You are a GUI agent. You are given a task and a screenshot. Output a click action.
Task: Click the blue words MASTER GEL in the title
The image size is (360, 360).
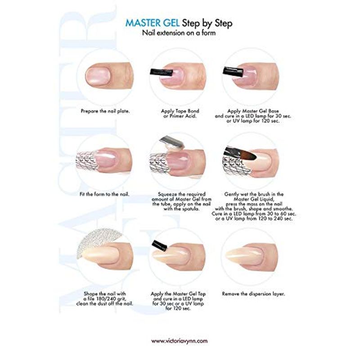point(153,23)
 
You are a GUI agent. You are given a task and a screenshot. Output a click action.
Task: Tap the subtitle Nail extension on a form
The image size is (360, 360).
point(179,33)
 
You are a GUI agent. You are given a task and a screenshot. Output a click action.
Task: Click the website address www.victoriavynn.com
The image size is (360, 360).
point(179,341)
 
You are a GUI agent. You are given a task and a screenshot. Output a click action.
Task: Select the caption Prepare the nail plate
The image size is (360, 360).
point(105,111)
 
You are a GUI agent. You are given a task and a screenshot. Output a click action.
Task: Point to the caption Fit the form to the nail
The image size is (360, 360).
point(104,194)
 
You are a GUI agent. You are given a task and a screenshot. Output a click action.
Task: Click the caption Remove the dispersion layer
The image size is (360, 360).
point(253,294)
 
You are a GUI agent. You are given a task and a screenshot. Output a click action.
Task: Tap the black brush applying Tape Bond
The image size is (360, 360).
point(162,72)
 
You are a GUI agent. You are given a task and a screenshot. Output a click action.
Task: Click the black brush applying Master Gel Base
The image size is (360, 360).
point(233,72)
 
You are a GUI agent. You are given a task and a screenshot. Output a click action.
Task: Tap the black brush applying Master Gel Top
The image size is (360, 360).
point(160,245)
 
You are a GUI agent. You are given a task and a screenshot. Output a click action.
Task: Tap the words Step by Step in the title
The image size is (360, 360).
point(207,23)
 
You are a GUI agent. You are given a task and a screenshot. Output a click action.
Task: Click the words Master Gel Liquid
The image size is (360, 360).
point(254,199)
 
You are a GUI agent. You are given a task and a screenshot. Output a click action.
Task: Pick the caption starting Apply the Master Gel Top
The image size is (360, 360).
point(178,301)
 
